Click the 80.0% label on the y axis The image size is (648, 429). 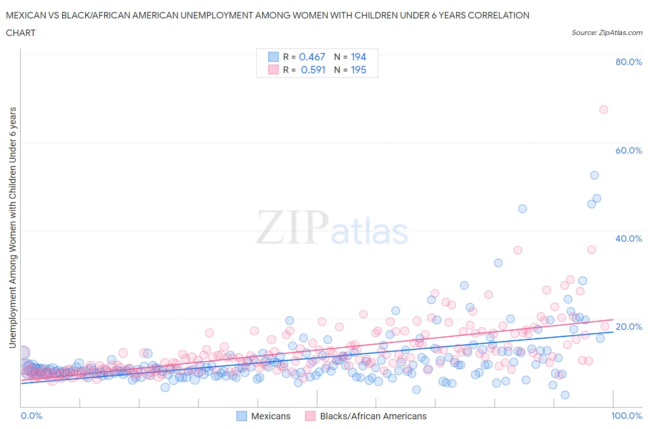click(629, 62)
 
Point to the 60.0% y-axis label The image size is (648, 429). click(629, 150)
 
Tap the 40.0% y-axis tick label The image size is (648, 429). click(629, 238)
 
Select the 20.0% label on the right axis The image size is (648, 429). click(629, 327)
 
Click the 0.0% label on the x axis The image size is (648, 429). click(32, 416)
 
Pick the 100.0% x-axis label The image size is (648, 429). click(626, 416)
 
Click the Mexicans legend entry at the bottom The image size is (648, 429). click(271, 416)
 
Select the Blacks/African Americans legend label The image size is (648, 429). click(373, 416)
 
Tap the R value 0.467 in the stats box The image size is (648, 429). click(312, 57)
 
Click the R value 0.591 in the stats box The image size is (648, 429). click(313, 70)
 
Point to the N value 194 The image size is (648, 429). click(358, 57)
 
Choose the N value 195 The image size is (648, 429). click(358, 70)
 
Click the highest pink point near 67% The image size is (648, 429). click(603, 109)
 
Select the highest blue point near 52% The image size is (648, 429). click(595, 175)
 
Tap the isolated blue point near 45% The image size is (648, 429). click(522, 209)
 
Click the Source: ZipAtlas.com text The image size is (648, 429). click(607, 32)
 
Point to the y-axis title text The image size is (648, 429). click(12, 227)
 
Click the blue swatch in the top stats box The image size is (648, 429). click(273, 57)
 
